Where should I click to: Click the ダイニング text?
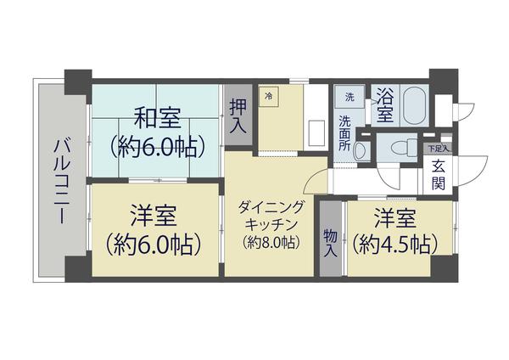click(271, 205)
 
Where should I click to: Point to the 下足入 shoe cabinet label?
click(438, 149)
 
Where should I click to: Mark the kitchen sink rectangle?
click(316, 132)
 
